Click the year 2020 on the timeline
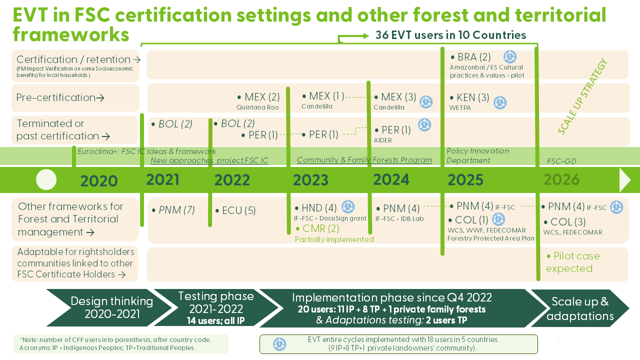(x=99, y=181)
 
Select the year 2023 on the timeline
(x=310, y=180)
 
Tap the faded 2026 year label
(x=561, y=179)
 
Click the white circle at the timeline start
(x=46, y=180)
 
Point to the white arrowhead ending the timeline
(x=625, y=180)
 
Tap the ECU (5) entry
(x=235, y=211)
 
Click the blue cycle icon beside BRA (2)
(x=509, y=56)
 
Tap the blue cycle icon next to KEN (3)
(x=500, y=103)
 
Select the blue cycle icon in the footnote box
(x=279, y=344)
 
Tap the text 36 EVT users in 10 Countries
(x=450, y=35)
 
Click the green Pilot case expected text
(x=572, y=262)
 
